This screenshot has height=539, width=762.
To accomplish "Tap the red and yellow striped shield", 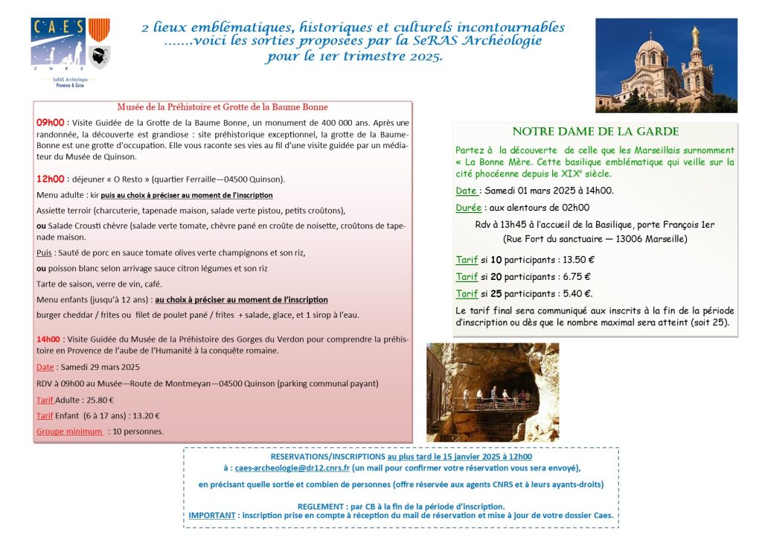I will (x=99, y=30).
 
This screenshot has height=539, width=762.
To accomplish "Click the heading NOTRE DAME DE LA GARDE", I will (x=595, y=132).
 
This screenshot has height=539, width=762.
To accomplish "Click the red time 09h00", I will (x=51, y=122).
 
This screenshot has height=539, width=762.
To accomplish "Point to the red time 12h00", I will (x=51, y=179).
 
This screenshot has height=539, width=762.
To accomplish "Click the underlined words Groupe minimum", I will (x=69, y=431).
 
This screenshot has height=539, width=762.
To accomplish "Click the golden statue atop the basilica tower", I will (x=696, y=35).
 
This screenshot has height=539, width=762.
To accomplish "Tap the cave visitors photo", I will (x=492, y=392).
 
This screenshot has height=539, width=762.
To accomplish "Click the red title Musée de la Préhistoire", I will (x=222, y=107).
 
